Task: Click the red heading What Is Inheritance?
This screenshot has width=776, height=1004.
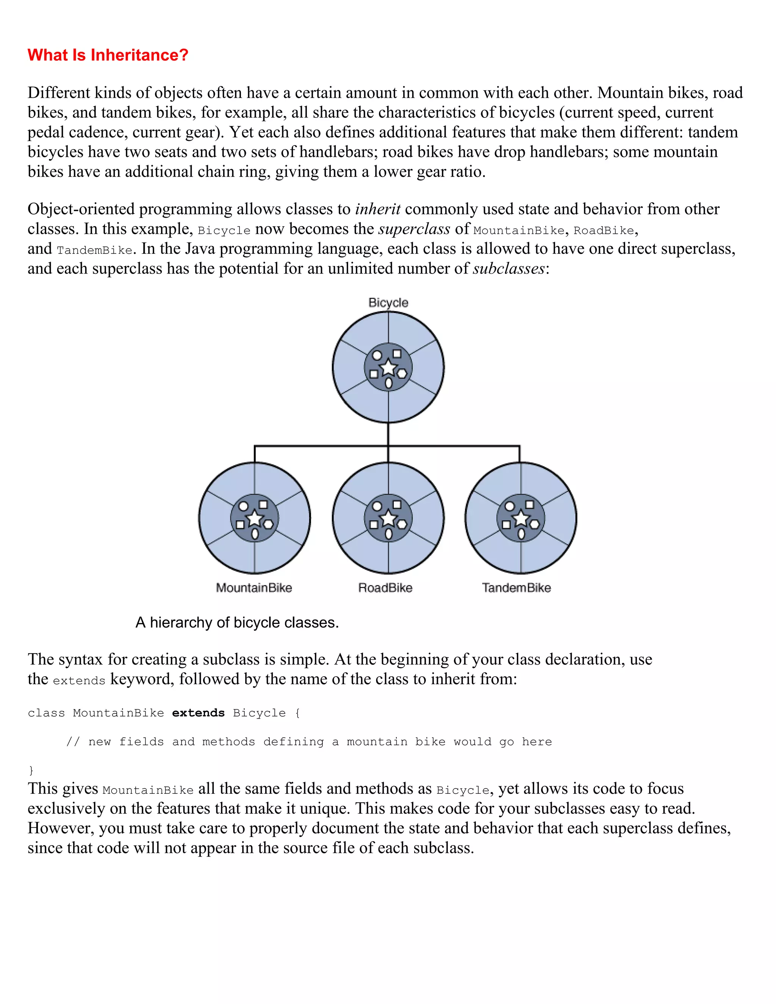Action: coord(108,55)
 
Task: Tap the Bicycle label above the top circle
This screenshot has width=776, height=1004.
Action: coord(388,302)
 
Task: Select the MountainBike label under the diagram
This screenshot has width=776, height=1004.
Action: coord(254,588)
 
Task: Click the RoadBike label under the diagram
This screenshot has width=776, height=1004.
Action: coord(385,588)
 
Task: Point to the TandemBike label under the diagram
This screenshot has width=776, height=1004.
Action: coord(516,588)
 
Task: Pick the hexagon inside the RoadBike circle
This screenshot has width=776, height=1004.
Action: coord(402,524)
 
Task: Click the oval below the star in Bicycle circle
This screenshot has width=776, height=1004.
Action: coord(388,383)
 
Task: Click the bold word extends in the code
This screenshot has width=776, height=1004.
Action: coord(198,713)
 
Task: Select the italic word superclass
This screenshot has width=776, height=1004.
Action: coord(414,229)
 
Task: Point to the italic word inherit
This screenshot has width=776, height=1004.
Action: coord(377,209)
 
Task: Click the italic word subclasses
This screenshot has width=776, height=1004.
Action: coord(508,269)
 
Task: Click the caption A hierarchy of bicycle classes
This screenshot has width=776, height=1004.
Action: coord(237,622)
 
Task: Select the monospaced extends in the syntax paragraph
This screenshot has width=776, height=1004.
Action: coord(79,681)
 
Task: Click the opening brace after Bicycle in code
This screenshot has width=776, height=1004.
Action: coord(297,713)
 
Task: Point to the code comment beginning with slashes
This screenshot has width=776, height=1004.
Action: coord(308,741)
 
